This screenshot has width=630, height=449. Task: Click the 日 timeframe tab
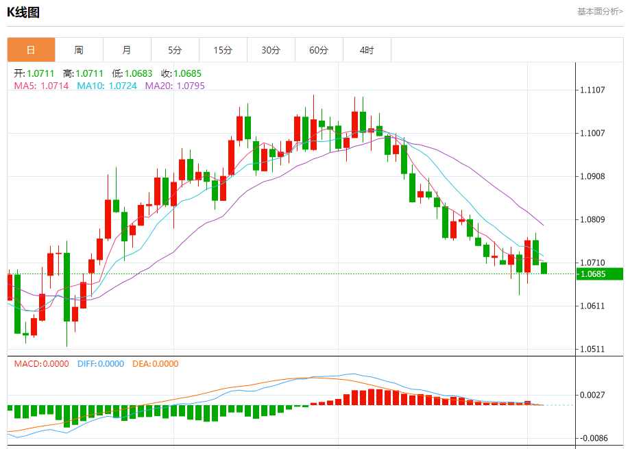31,50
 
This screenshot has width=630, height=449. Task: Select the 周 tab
79,50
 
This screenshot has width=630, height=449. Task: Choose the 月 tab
127,50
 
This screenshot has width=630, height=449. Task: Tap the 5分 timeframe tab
175,50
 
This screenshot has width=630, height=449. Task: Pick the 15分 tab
223,50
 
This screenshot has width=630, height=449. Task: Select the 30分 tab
271,50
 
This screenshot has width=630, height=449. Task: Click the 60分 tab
319,50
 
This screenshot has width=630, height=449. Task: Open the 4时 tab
367,50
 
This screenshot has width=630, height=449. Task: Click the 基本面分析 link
600,12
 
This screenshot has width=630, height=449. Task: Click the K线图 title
23,12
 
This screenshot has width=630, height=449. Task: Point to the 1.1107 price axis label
592,90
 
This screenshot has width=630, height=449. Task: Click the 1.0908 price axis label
592,176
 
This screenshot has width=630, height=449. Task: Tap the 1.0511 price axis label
592,349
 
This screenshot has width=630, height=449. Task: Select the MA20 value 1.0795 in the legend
191,86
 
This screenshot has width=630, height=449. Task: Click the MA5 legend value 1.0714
55,86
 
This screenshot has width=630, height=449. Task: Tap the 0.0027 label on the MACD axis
592,395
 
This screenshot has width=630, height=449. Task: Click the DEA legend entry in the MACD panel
155,364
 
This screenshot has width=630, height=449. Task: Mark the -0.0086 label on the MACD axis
594,437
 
